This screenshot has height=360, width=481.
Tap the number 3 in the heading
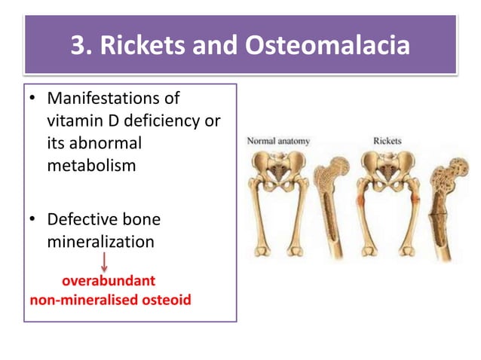[x=77, y=46]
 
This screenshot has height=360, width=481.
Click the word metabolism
[x=91, y=165]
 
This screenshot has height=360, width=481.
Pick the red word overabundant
[x=109, y=281]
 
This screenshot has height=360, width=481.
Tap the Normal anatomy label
[x=278, y=141]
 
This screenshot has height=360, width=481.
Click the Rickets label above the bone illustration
[x=387, y=141]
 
